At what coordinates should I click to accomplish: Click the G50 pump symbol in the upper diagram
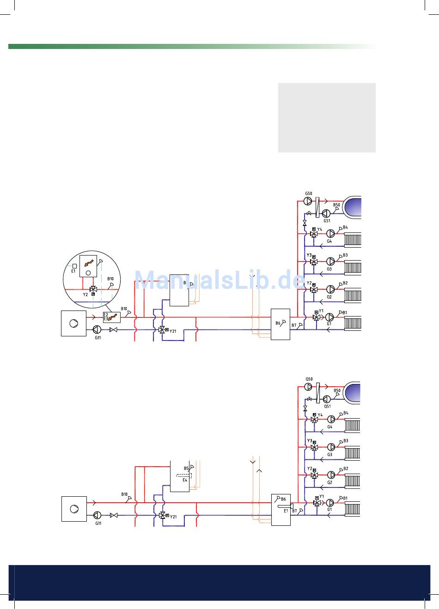(308, 201)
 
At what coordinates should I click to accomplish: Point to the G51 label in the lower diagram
(327, 406)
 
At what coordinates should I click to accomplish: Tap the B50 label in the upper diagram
(336, 205)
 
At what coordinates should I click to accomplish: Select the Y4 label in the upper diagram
(319, 229)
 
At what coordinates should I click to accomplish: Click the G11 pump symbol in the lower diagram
(97, 515)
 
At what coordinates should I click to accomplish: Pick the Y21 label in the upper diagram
(173, 331)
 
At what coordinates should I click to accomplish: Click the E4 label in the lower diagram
(185, 480)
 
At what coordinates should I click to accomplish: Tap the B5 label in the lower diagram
(186, 468)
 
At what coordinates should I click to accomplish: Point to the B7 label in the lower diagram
(294, 511)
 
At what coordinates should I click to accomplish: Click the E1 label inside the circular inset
(73, 271)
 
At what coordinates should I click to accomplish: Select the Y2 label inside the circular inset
(85, 294)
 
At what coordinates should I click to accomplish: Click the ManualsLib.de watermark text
(219, 279)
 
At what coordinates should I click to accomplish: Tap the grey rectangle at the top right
(327, 117)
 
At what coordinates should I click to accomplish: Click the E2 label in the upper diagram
(105, 314)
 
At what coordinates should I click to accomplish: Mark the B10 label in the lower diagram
(124, 494)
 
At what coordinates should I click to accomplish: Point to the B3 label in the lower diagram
(346, 441)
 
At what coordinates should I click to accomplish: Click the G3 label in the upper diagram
(329, 268)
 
